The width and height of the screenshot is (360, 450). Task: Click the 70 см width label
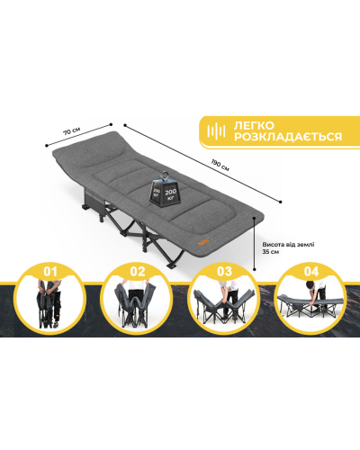pyautogui.click(x=71, y=131)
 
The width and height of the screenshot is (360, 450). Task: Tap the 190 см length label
pyautogui.click(x=220, y=166)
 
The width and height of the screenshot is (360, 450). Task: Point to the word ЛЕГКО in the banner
pyautogui.click(x=254, y=125)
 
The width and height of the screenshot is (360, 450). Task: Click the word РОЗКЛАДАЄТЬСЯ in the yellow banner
pyautogui.click(x=288, y=137)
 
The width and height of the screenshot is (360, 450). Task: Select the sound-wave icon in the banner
pyautogui.click(x=216, y=131)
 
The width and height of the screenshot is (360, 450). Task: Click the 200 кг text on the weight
pyautogui.click(x=171, y=193)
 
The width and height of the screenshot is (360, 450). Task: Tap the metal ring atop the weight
pyautogui.click(x=165, y=175)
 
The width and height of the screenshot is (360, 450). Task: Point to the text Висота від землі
pyautogui.click(x=288, y=245)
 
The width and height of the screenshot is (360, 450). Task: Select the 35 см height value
pyautogui.click(x=270, y=252)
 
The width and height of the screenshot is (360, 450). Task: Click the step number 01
pyautogui.click(x=50, y=272)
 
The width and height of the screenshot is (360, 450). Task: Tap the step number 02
pyautogui.click(x=138, y=272)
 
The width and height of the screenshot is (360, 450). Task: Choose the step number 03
pyautogui.click(x=225, y=272)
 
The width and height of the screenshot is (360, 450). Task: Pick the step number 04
pyautogui.click(x=311, y=272)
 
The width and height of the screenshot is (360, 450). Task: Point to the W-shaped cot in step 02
pyautogui.click(x=136, y=304)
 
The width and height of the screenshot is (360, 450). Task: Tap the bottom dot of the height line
pyautogui.click(x=255, y=270)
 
